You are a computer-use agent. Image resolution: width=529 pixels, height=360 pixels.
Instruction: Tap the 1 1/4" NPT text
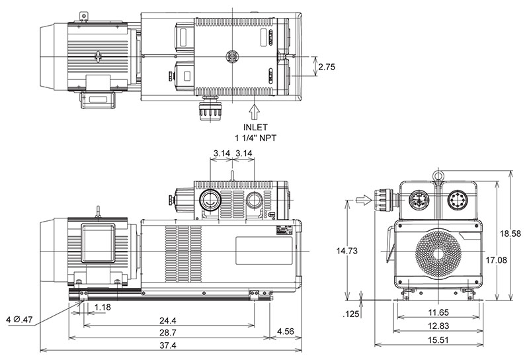pos(255,137)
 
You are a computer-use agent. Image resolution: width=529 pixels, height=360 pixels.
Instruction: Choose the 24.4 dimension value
pos(169,318)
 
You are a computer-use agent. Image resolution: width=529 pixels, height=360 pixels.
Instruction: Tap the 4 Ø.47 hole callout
pos(19,320)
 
